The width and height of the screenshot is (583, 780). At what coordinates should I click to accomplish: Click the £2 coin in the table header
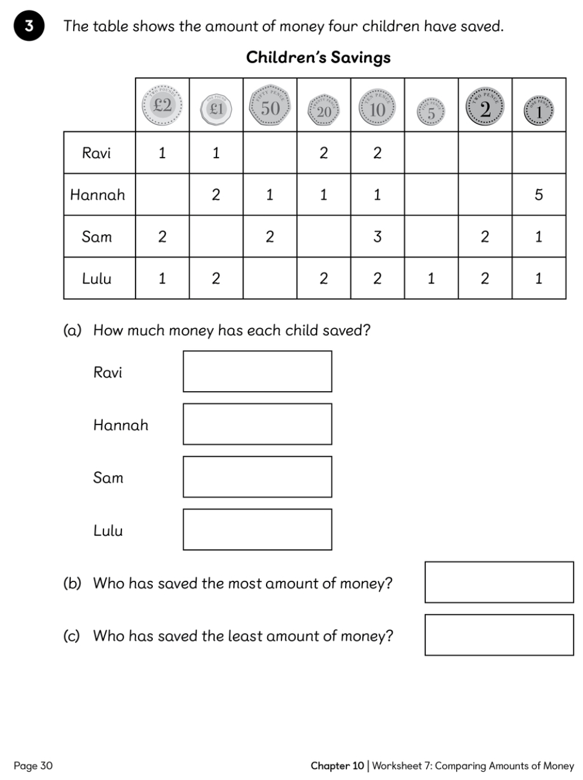[162, 105]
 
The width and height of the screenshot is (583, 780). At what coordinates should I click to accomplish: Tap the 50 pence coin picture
[270, 108]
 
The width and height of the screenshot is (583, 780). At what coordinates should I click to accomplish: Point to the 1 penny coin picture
[538, 111]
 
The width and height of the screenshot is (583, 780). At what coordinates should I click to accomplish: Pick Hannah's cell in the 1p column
[538, 194]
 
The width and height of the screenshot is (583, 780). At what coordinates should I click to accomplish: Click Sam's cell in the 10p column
[377, 237]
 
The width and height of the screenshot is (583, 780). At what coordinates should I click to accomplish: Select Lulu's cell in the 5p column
[431, 278]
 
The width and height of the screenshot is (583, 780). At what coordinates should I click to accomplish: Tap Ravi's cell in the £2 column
[162, 153]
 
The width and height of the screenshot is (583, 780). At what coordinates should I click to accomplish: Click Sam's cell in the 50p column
[269, 237]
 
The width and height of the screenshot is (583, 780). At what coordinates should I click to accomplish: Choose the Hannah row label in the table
[98, 194]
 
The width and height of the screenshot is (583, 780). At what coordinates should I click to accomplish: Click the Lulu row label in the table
[97, 278]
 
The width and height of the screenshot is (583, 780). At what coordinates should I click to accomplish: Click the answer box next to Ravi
[257, 372]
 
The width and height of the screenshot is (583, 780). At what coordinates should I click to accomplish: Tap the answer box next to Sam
[257, 477]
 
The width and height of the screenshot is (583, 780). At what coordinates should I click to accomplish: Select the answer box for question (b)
[499, 582]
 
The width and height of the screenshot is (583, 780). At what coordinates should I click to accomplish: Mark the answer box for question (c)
[499, 635]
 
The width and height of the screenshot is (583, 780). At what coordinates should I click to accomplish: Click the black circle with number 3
[29, 27]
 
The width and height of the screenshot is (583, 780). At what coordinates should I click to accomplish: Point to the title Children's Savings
[318, 58]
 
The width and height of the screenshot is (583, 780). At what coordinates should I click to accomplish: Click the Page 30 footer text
[33, 766]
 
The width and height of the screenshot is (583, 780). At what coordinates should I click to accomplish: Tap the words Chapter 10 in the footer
[337, 766]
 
